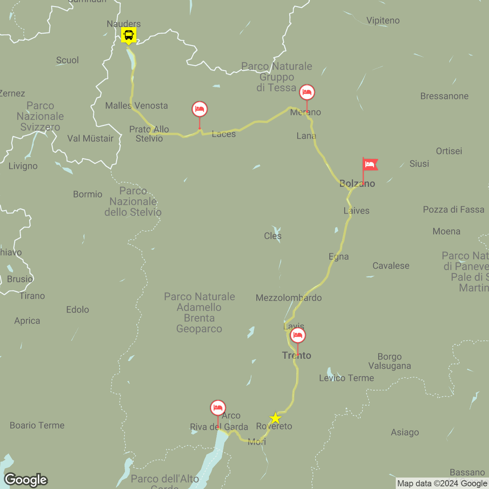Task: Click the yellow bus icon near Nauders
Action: coord(129,35)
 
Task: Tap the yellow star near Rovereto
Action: coord(275,418)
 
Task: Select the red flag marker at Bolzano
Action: coord(369,165)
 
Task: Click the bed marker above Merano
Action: coord(307,92)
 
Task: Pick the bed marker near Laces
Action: coord(199,109)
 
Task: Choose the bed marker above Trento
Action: coord(298,336)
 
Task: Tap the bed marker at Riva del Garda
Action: coord(218,408)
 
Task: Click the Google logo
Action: coord(26,480)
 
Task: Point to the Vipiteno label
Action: coord(383,21)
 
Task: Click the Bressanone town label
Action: coord(444,96)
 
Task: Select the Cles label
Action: coord(273,236)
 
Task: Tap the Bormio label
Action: coord(88,194)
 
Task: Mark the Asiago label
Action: coord(405,432)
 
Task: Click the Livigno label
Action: coord(23,166)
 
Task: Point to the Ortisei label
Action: coord(449,151)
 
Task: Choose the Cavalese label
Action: coord(391,266)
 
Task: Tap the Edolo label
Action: coord(78,310)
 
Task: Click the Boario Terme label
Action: coord(37,426)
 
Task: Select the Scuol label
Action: coord(68,60)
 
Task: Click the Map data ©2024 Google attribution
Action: coord(442,484)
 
